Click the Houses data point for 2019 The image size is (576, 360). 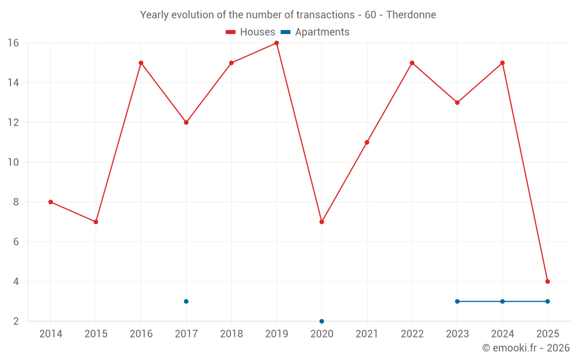pyautogui.click(x=276, y=43)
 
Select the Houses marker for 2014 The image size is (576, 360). pyautogui.click(x=51, y=202)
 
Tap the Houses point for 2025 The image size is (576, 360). pyautogui.click(x=547, y=282)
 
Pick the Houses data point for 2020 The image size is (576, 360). pyautogui.click(x=321, y=222)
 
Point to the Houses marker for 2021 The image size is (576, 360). pyautogui.click(x=367, y=142)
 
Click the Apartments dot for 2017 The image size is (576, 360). pyautogui.click(x=186, y=301)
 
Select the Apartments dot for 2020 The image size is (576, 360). pyautogui.click(x=321, y=321)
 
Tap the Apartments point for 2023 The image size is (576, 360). pyautogui.click(x=457, y=301)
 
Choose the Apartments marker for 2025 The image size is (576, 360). pyautogui.click(x=547, y=301)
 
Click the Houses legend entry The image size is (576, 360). pyautogui.click(x=251, y=32)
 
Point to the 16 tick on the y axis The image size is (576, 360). pyautogui.click(x=13, y=43)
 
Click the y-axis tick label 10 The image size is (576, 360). pyautogui.click(x=13, y=162)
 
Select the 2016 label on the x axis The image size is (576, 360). pyautogui.click(x=141, y=334)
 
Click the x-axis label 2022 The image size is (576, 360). pyautogui.click(x=412, y=334)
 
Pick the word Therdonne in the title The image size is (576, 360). pyautogui.click(x=411, y=14)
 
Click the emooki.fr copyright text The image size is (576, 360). pyautogui.click(x=525, y=348)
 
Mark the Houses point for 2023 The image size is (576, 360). pyautogui.click(x=457, y=103)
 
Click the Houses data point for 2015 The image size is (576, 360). pyautogui.click(x=96, y=222)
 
